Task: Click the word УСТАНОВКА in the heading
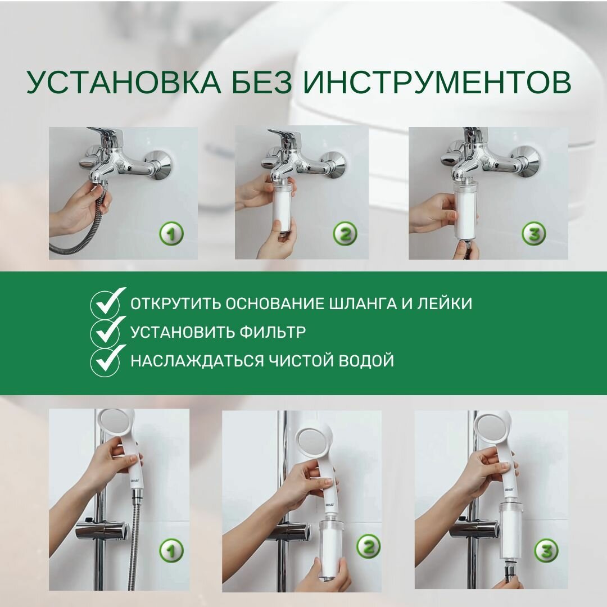click(x=124, y=82)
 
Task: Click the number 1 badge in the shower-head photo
click(x=171, y=550)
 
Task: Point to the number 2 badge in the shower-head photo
click(x=369, y=547)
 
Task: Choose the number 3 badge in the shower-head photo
click(x=547, y=550)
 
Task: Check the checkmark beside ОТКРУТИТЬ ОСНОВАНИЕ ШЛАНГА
click(x=107, y=302)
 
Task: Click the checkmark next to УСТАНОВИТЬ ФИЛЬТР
click(x=107, y=332)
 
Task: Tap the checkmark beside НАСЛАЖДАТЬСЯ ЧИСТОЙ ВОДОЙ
click(x=107, y=361)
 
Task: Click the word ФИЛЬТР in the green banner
click(x=272, y=332)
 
